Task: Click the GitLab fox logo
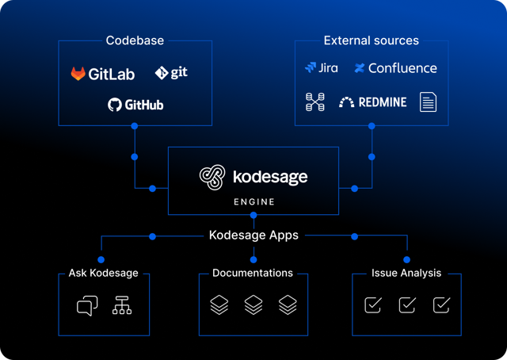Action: (78, 74)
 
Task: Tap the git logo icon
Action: (161, 73)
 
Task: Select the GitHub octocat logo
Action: (115, 104)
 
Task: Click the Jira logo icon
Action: (311, 68)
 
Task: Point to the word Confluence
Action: (402, 68)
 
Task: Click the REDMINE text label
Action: (382, 102)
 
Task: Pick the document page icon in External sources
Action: (428, 101)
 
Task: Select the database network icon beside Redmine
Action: (314, 101)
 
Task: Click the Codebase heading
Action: (135, 40)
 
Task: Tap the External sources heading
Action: (371, 40)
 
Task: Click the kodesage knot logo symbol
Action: (212, 177)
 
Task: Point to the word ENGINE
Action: (253, 201)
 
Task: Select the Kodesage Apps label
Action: (253, 236)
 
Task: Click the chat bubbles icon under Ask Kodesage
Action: (87, 305)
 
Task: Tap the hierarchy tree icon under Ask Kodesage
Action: (122, 305)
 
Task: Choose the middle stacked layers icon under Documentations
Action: (253, 304)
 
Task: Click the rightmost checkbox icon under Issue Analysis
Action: (441, 304)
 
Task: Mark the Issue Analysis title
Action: (406, 273)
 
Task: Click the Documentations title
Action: (253, 273)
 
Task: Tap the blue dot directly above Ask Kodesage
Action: (101, 259)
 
